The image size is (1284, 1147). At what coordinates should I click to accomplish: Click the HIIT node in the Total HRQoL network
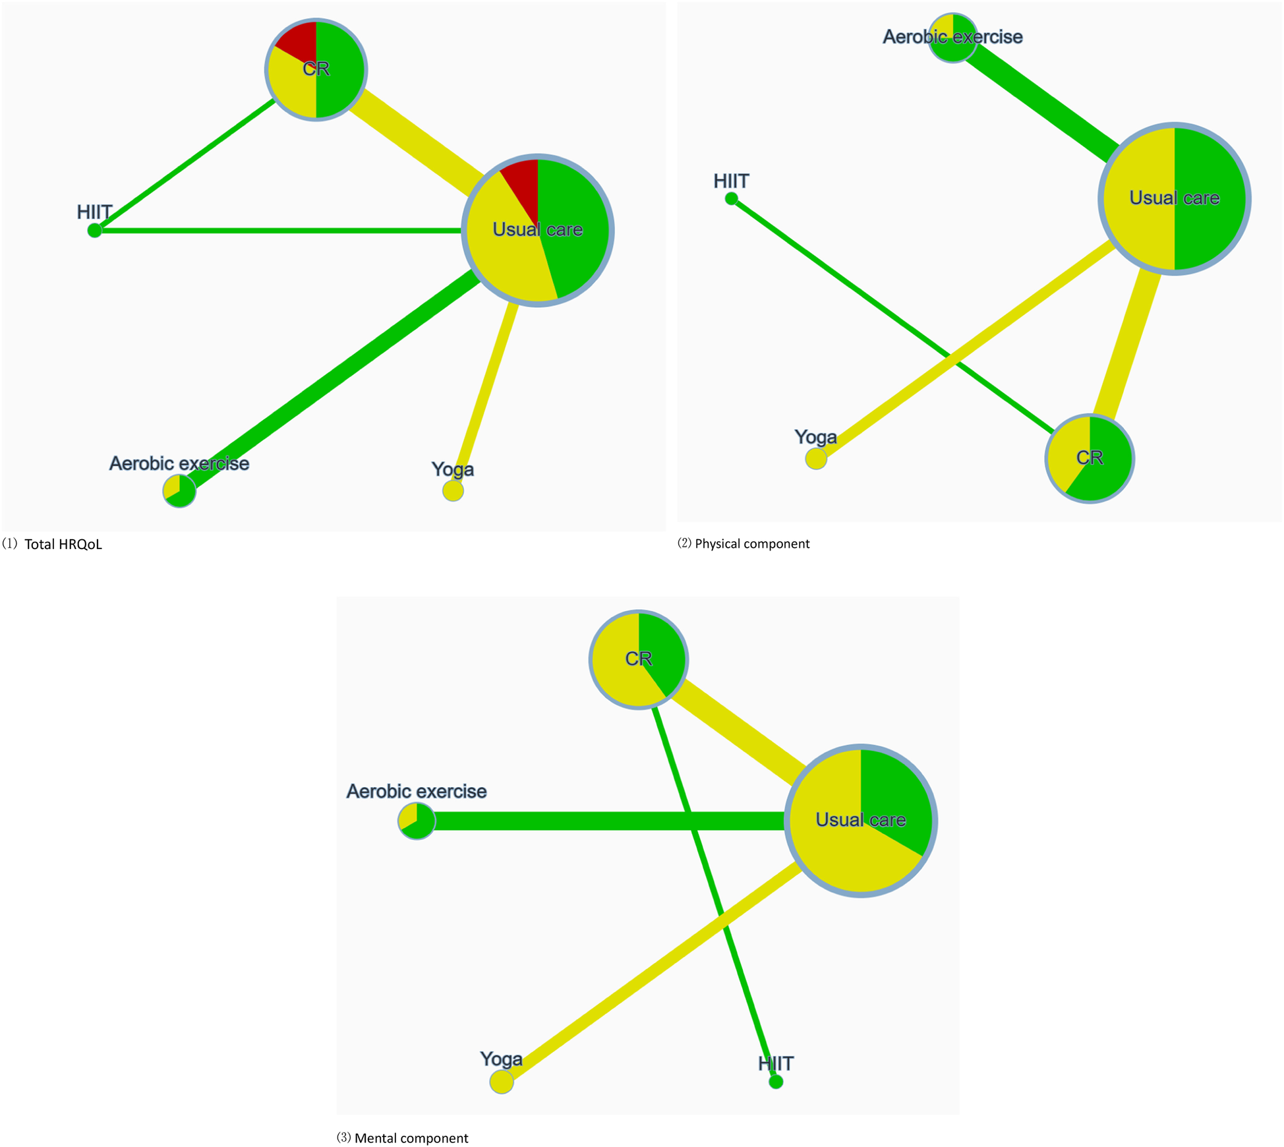[95, 230]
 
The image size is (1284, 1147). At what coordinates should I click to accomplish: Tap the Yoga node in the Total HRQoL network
[453, 490]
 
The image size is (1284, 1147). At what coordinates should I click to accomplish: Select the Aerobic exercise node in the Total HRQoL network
[179, 490]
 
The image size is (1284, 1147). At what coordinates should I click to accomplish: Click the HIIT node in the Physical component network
[731, 198]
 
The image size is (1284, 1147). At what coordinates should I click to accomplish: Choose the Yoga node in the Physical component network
[816, 458]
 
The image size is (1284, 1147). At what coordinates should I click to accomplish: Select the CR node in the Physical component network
[1090, 458]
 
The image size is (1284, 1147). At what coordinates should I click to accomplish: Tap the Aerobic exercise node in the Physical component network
[952, 38]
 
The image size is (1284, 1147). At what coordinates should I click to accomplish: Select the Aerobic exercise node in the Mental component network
[417, 821]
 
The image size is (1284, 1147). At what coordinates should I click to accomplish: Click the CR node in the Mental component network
[638, 659]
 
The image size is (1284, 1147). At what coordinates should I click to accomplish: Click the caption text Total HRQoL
[63, 544]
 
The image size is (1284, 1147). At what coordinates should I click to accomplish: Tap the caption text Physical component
[752, 544]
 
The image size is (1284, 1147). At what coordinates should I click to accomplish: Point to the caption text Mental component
[411, 1138]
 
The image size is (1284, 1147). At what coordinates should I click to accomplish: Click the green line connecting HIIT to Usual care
[277, 231]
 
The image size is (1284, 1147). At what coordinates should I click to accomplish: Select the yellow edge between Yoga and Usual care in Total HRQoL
[486, 396]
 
